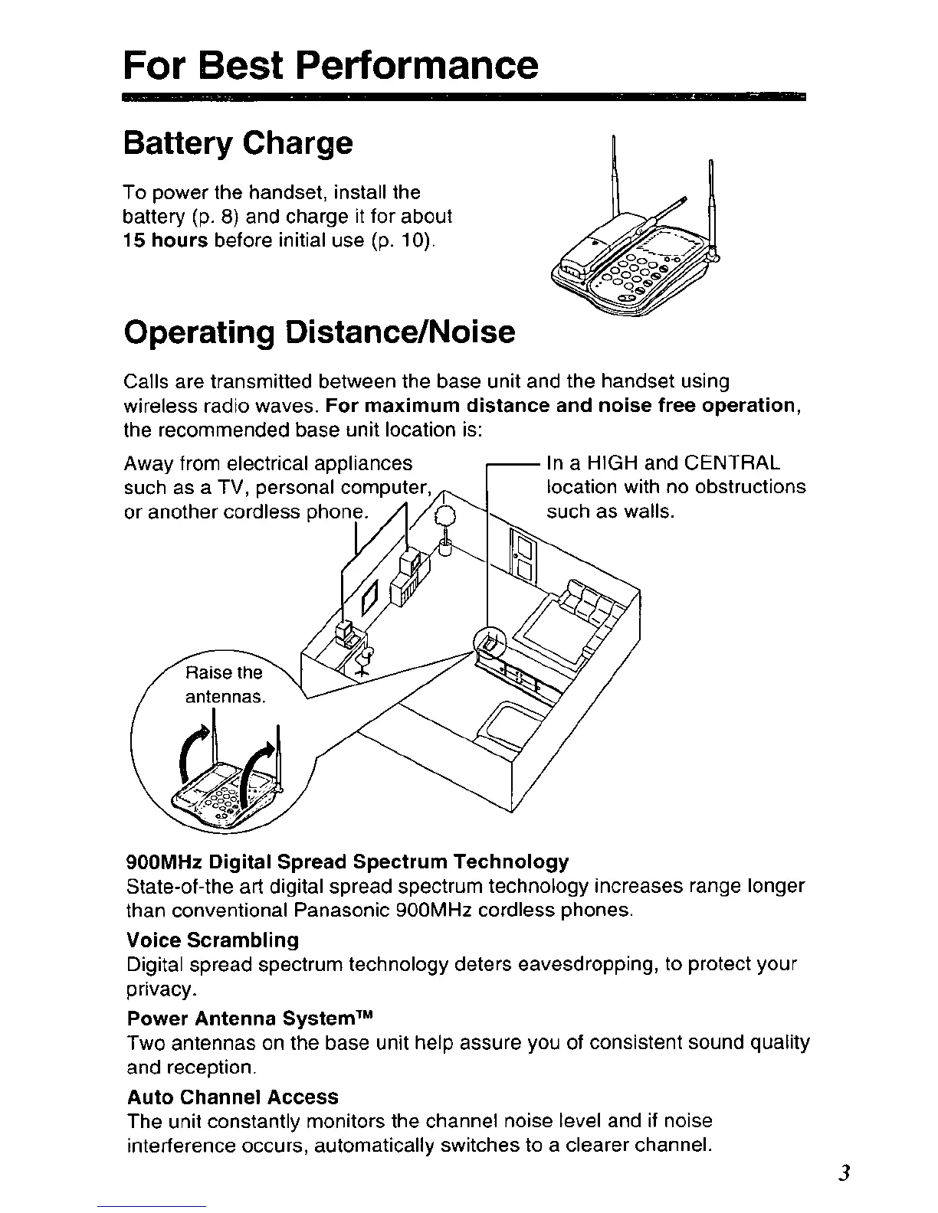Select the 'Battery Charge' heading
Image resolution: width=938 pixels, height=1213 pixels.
pos(238,143)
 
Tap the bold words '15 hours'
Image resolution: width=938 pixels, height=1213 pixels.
pos(166,240)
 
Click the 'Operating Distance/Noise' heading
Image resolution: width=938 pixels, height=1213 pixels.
pos(319,332)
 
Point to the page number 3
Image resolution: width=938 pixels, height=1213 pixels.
pos(844,1173)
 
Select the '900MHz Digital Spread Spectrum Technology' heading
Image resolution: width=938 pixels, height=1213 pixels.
pos(347,862)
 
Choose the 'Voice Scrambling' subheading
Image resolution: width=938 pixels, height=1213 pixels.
pos(212,940)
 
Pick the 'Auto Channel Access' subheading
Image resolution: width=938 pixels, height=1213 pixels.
pos(232,1097)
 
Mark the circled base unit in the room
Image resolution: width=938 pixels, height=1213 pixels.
pos(490,641)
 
